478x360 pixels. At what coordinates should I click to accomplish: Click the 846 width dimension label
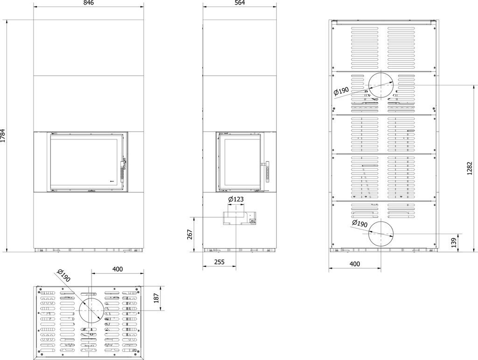pyautogui.click(x=88, y=3)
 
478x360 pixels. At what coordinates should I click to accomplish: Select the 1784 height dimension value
pyautogui.click(x=3, y=136)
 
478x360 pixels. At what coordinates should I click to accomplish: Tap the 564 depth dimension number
pyautogui.click(x=240, y=3)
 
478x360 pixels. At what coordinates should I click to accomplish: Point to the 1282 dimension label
pyautogui.click(x=469, y=168)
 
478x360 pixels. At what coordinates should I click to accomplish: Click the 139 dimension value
pyautogui.click(x=454, y=243)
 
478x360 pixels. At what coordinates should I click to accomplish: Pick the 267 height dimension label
pyautogui.click(x=190, y=234)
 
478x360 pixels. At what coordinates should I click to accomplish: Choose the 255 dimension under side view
pyautogui.click(x=219, y=262)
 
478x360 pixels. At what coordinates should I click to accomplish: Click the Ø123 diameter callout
pyautogui.click(x=236, y=199)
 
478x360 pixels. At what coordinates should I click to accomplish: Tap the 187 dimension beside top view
pyautogui.click(x=157, y=298)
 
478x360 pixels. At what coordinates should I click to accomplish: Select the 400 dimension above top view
pyautogui.click(x=118, y=269)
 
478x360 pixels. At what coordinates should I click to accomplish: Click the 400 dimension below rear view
pyautogui.click(x=355, y=264)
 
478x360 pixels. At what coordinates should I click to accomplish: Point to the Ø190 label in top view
pyautogui.click(x=63, y=275)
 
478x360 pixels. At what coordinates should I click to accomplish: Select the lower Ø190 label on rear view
pyautogui.click(x=359, y=223)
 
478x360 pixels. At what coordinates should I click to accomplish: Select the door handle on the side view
pyautogui.click(x=267, y=172)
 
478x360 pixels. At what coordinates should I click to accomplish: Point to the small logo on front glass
pyautogui.click(x=112, y=181)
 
